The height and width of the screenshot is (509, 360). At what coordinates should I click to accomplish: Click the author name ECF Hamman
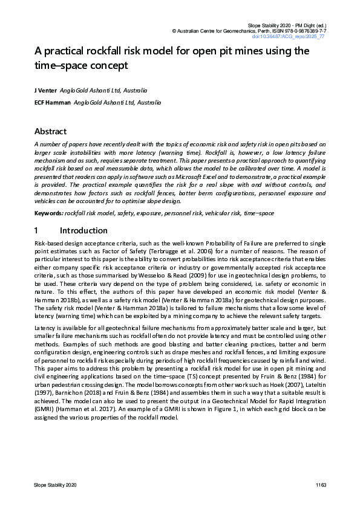point(52,103)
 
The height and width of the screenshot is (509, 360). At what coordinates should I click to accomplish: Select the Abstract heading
point(50,131)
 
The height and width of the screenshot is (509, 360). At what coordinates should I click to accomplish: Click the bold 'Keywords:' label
point(48,214)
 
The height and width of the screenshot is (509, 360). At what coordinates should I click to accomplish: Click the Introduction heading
point(84,230)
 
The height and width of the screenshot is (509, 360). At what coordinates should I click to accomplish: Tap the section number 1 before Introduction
point(36,230)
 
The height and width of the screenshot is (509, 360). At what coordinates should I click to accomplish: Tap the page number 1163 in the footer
point(320,485)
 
